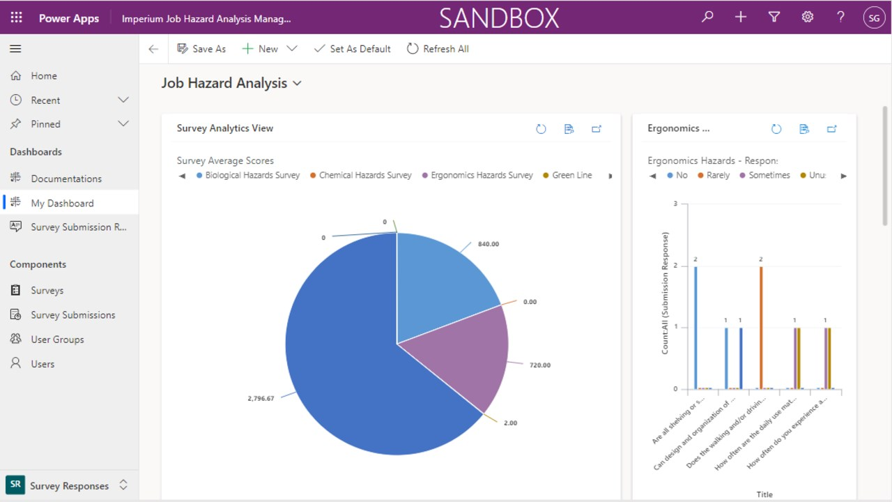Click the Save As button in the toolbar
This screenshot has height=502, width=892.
click(x=201, y=49)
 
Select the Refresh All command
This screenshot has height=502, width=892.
click(x=438, y=49)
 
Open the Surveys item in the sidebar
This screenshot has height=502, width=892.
click(x=47, y=290)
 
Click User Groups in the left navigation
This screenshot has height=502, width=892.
click(x=57, y=340)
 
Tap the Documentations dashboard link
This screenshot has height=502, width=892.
click(x=66, y=178)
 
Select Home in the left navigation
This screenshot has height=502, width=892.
click(x=43, y=76)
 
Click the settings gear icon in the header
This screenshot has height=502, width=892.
click(x=807, y=17)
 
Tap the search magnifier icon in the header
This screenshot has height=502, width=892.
click(x=707, y=17)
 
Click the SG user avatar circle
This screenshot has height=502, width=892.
click(x=874, y=17)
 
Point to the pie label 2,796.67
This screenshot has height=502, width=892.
click(x=261, y=398)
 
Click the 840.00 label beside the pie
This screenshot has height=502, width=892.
click(x=489, y=244)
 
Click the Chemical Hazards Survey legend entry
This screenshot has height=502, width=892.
click(x=364, y=176)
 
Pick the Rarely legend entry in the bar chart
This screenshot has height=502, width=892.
click(x=717, y=176)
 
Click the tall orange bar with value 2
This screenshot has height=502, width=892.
click(x=761, y=327)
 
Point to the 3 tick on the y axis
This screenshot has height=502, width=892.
click(x=675, y=204)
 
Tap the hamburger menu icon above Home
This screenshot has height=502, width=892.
click(x=15, y=49)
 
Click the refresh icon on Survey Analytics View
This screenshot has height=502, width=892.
click(x=541, y=129)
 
